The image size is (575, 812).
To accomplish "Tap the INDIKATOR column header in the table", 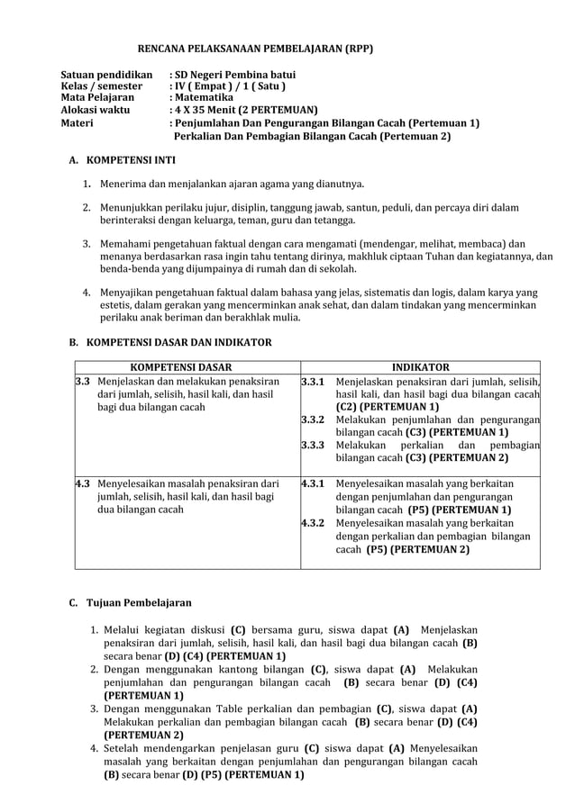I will coord(419,367).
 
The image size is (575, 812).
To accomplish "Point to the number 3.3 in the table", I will coord(82,382).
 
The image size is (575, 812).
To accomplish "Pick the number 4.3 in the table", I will coord(82,483).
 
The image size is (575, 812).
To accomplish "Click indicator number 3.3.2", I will coord(313,420).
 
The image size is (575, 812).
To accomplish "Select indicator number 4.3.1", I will coord(313,483).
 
